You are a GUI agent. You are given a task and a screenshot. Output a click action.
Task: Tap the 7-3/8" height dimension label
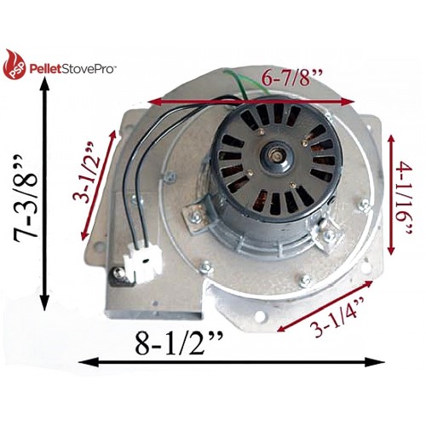[x=26, y=199]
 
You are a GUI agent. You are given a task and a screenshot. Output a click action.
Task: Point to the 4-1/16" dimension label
[x=405, y=198]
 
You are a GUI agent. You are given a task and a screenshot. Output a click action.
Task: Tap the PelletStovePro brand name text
[x=72, y=69]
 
